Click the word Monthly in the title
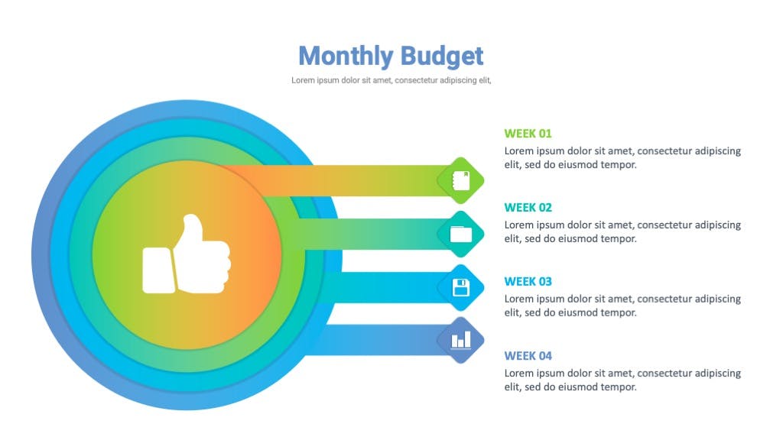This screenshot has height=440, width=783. (x=346, y=56)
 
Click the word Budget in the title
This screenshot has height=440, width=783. (x=442, y=56)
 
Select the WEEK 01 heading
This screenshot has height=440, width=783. (x=528, y=134)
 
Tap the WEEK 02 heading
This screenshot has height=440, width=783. (x=528, y=208)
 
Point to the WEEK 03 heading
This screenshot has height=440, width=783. (x=528, y=281)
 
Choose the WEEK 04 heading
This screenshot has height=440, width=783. (x=528, y=356)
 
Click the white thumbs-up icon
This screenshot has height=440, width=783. (x=187, y=254)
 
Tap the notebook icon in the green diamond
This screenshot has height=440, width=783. (x=461, y=180)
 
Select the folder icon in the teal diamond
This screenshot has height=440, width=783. (x=461, y=234)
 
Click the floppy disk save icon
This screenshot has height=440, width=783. (x=461, y=288)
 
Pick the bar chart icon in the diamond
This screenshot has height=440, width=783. (x=461, y=341)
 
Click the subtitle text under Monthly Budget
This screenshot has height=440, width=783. (x=391, y=80)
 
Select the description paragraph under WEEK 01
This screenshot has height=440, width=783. (x=622, y=157)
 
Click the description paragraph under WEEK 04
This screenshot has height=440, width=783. (x=622, y=380)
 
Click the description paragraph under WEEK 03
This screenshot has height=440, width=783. (x=622, y=306)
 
